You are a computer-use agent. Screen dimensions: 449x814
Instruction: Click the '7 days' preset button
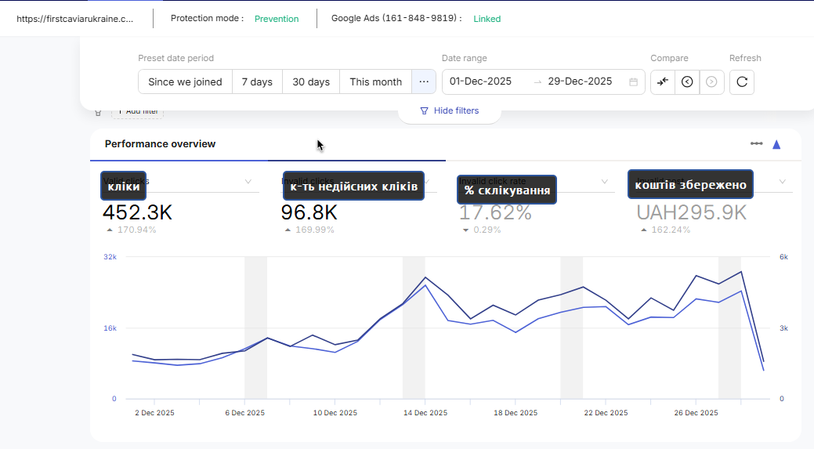pos(257,81)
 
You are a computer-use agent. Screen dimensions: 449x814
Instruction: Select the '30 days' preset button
pos(311,81)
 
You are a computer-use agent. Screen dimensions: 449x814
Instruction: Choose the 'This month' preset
pos(375,81)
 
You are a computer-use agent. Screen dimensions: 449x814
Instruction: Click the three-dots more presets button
pos(424,81)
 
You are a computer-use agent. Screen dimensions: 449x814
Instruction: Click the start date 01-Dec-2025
pos(480,81)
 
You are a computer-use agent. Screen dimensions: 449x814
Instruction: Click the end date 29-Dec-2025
pos(580,81)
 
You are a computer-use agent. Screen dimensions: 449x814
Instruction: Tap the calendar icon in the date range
pos(633,81)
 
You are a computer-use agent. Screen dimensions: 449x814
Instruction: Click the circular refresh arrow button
pos(742,81)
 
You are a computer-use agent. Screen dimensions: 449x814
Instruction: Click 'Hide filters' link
pos(449,110)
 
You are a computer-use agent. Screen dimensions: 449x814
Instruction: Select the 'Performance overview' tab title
pos(160,144)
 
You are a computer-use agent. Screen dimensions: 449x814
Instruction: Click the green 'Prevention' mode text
pos(277,19)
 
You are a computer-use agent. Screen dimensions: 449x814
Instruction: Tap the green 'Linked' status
pos(487,19)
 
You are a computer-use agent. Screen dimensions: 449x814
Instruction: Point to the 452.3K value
pos(137,212)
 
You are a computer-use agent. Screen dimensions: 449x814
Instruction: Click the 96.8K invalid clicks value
pos(309,212)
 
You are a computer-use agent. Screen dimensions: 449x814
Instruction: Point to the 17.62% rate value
pos(495,212)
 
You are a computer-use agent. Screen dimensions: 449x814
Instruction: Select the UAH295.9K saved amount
pos(691,212)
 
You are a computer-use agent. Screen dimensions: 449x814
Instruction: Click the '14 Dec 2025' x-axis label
pos(425,413)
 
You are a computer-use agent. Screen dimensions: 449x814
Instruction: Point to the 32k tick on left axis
pos(110,257)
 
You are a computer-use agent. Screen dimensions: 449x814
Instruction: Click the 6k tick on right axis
pos(783,257)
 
